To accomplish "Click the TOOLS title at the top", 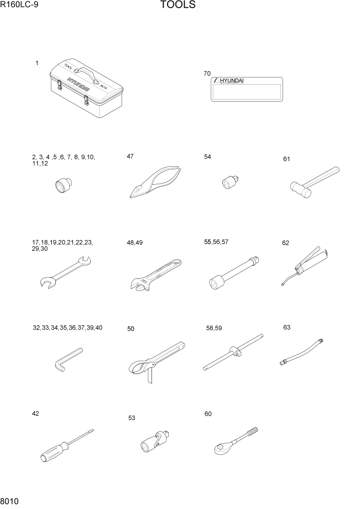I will pyautogui.click(x=177, y=6).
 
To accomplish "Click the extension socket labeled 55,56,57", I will pyautogui.click(x=234, y=271).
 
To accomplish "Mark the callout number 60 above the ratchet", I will pyautogui.click(x=208, y=414).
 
